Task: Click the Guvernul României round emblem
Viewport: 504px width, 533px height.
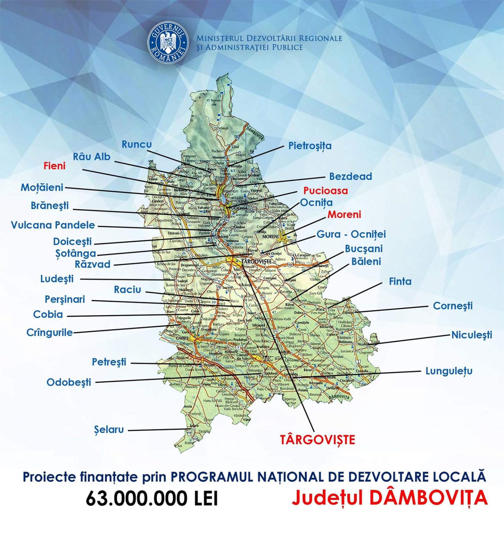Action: [x=168, y=43]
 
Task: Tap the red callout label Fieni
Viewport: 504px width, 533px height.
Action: [x=54, y=166]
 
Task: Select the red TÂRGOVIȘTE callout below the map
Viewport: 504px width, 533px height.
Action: [x=317, y=440]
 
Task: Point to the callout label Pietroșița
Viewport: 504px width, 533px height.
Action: [x=310, y=146]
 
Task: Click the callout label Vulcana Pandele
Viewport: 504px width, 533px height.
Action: [x=53, y=225]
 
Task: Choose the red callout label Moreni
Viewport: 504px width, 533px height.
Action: [x=344, y=214]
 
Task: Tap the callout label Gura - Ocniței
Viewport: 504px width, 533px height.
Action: [x=351, y=234]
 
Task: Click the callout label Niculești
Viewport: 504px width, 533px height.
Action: [x=471, y=335]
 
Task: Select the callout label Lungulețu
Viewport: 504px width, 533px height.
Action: [x=449, y=371]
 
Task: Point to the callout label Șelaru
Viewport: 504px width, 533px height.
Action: [x=109, y=430]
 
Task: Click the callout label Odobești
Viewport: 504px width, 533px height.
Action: [x=69, y=382]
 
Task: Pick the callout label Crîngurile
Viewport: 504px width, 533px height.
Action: [x=50, y=332]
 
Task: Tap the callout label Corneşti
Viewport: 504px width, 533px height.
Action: [x=453, y=306]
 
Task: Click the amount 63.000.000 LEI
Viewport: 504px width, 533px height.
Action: [x=152, y=499]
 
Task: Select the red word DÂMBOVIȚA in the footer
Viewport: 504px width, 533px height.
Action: [x=428, y=498]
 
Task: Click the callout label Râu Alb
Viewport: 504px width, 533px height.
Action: [x=92, y=157]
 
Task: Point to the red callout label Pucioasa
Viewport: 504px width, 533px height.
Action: [x=325, y=191]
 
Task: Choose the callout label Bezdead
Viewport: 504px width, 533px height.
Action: [x=350, y=176]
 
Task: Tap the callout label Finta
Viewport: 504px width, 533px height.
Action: [x=400, y=281]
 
